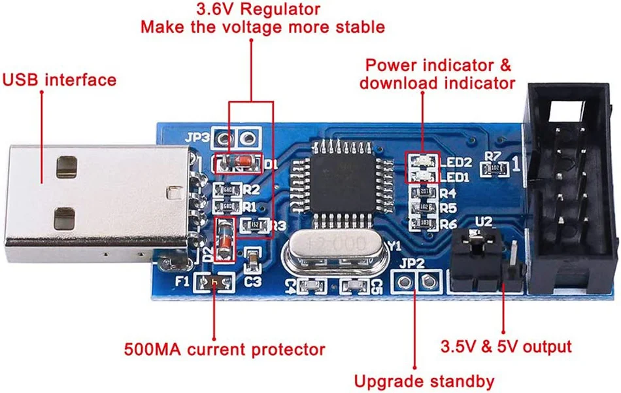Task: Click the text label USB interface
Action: [59, 80]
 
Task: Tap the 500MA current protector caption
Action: [224, 349]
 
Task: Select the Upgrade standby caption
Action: [424, 381]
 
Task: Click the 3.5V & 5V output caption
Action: [506, 346]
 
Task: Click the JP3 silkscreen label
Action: [197, 139]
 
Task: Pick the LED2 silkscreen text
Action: [455, 162]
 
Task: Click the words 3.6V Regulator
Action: [259, 9]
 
